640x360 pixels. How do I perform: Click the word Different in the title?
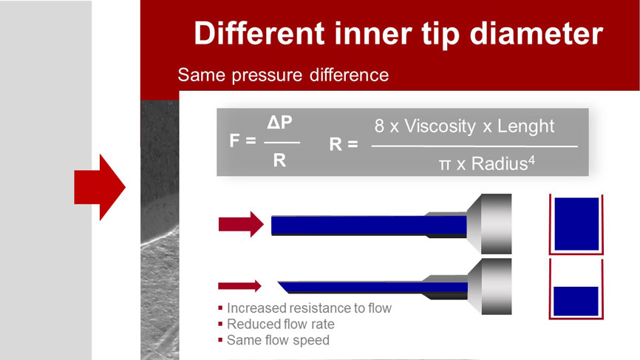coord(259,33)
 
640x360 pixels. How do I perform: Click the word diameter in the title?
coord(537,33)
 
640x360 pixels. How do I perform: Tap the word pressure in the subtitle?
coord(267,75)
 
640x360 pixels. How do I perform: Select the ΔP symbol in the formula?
coord(279,123)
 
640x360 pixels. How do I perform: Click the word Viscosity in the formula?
coord(440,126)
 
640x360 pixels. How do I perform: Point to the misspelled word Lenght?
coord(525,126)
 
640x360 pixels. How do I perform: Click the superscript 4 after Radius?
coord(531,160)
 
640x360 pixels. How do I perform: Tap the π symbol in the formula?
coord(445,165)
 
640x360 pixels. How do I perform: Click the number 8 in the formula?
coord(379,126)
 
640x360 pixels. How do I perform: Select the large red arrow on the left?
coord(100,187)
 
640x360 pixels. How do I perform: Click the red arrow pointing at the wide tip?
coord(241,224)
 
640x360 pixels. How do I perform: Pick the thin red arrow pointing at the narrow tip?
coord(239,286)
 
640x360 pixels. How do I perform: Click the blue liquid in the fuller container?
coord(576,224)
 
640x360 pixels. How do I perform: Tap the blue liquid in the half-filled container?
coord(576,301)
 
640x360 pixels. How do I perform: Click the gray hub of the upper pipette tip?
coord(489,224)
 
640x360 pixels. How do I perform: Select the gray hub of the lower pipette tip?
coord(489,287)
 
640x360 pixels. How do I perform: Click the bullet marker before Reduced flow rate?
coord(220,324)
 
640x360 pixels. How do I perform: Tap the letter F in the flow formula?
coord(234,140)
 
